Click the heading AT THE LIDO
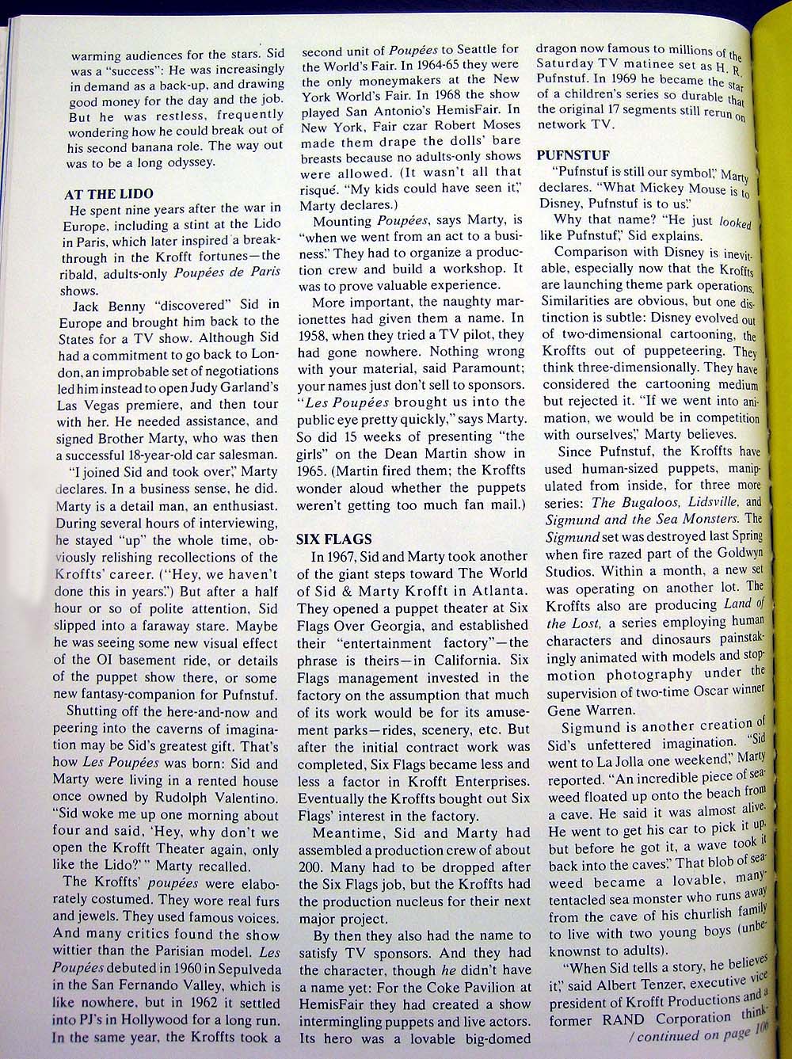click(109, 194)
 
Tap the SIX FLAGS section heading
click(333, 539)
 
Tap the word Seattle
click(478, 50)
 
